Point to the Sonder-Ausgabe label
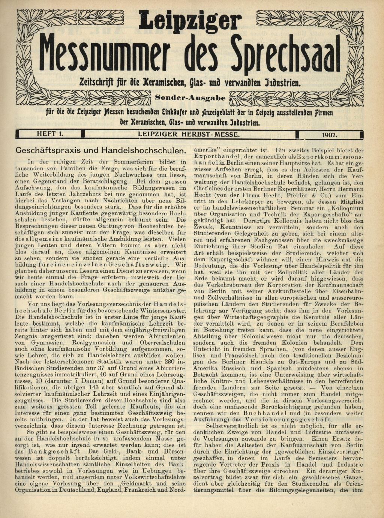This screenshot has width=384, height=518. [x=190, y=99]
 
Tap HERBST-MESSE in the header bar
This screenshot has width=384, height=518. [x=211, y=134]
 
